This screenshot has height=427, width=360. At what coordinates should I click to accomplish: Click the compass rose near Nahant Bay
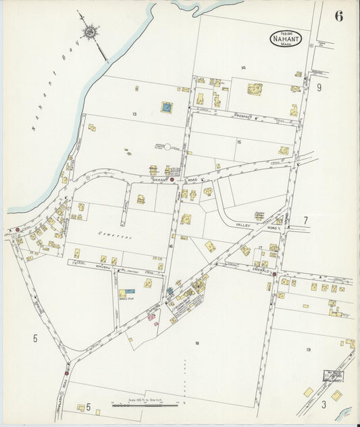coord(89,31)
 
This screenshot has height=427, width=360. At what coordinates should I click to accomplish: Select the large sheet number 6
coord(338,16)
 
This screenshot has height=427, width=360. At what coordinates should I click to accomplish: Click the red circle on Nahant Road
coord(172,180)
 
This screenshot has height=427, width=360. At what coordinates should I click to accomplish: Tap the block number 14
coord(242,67)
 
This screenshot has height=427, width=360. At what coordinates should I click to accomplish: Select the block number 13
coord(135,114)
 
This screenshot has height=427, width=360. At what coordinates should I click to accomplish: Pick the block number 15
coord(239,142)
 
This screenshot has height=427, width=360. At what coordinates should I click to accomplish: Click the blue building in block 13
coord(166,107)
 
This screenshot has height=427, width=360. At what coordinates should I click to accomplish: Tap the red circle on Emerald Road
coord(274,274)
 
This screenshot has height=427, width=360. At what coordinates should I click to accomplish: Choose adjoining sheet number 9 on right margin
coord(319,87)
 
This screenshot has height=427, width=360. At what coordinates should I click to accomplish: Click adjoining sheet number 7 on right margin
coord(305,220)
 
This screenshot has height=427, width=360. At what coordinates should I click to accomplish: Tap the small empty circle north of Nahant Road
coord(166,146)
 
